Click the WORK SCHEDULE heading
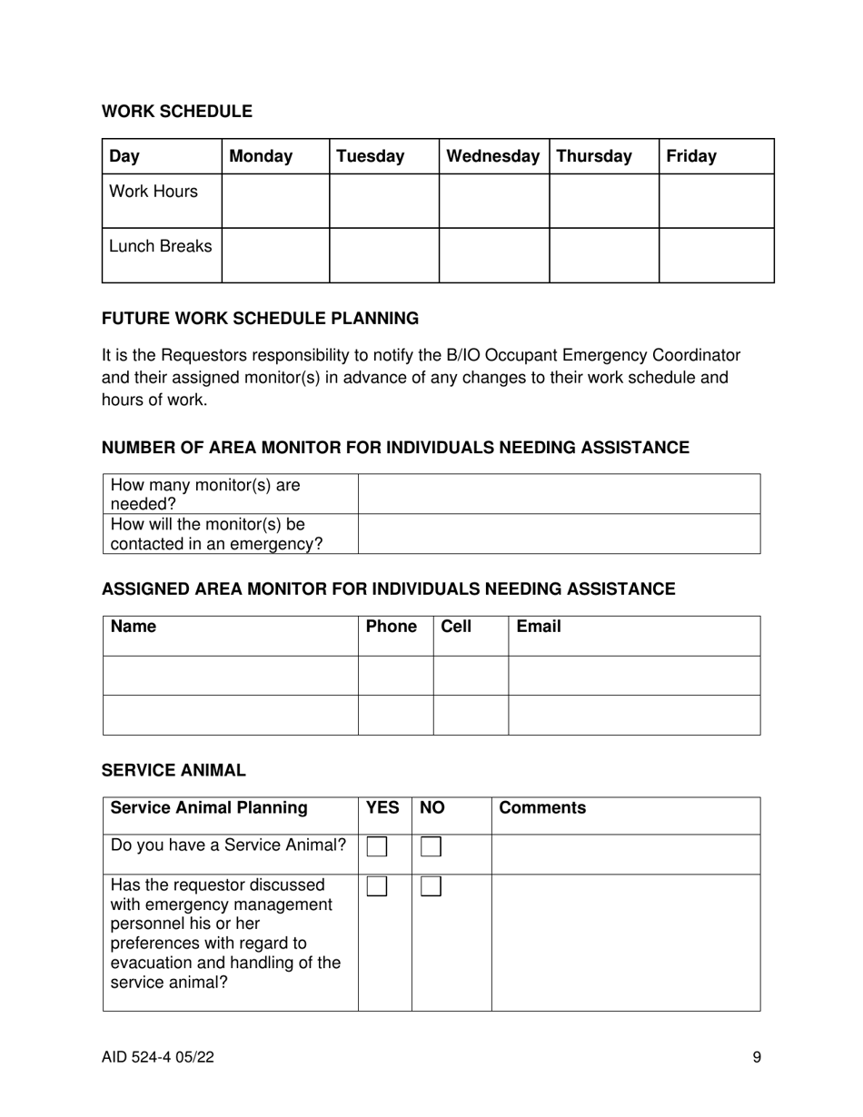[x=177, y=112]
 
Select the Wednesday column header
[x=493, y=156]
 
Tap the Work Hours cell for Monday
[x=275, y=201]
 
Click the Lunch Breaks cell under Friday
[x=716, y=255]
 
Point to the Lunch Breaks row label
[x=161, y=246]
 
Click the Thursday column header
[x=594, y=156]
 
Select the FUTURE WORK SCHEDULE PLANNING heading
[x=260, y=319]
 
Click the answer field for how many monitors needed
[x=559, y=494]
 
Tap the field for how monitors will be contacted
[x=559, y=534]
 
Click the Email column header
[x=539, y=627]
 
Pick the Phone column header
[x=391, y=627]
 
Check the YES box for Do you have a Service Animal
[x=377, y=847]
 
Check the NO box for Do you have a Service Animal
[x=431, y=847]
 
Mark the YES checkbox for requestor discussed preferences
[x=377, y=887]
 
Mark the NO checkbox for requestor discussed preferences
[x=431, y=887]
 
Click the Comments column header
[x=542, y=808]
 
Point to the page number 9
[x=757, y=1057]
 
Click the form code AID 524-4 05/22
[x=158, y=1057]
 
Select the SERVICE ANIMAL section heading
[x=174, y=771]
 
